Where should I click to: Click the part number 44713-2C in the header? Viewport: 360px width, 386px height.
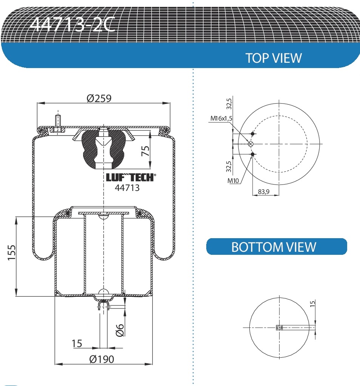click(72, 25)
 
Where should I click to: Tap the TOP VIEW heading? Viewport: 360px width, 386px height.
click(273, 58)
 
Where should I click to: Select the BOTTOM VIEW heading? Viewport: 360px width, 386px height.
click(273, 247)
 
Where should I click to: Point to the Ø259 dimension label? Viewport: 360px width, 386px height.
click(99, 98)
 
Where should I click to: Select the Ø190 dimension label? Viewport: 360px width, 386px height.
click(102, 359)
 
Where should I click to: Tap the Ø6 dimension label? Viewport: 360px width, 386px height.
click(120, 330)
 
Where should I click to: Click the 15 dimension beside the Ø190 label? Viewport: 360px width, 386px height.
click(77, 343)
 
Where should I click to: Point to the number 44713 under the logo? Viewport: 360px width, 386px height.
click(127, 188)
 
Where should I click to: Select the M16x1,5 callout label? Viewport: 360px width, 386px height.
click(221, 118)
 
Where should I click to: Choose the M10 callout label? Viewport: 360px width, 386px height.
click(233, 181)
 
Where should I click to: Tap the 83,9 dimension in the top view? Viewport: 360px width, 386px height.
click(263, 192)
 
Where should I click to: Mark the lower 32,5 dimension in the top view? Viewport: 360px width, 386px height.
click(229, 166)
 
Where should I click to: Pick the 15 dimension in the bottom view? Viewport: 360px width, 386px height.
click(312, 304)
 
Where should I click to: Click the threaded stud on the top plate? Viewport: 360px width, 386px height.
click(58, 122)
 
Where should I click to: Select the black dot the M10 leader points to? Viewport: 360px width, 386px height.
click(253, 154)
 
